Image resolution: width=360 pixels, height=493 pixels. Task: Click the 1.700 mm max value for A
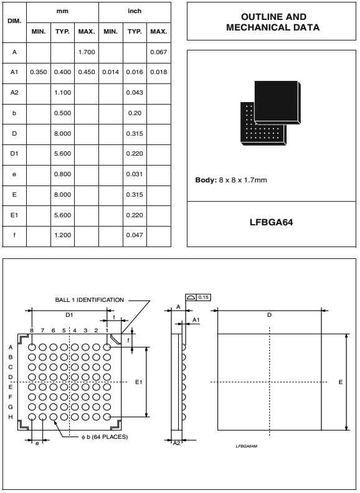pos(87,52)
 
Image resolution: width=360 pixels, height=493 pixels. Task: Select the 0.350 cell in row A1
pos(39,72)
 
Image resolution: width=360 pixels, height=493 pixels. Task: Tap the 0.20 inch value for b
pos(135,113)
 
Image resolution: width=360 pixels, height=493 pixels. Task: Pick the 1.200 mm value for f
pos(63,235)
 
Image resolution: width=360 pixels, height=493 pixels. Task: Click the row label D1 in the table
pos(14,154)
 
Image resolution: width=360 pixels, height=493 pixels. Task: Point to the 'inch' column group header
pos(135,11)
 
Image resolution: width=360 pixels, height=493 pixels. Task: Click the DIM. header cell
pos(14,21)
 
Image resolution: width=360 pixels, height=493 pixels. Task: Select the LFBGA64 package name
pos(272,222)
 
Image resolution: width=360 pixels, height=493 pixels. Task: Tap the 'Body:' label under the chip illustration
pos(206,180)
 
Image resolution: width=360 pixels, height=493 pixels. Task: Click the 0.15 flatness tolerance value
pos(204,298)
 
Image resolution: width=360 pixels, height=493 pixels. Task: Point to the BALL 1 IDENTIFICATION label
pos(90,300)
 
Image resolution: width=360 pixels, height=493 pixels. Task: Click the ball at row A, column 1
pos(107,347)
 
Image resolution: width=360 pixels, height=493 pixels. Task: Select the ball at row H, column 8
pos(32,417)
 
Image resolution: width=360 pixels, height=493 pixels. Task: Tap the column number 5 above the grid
pos(64,331)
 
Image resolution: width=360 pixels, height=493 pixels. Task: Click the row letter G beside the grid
pos(11,407)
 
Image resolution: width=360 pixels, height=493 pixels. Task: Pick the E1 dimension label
pos(139,382)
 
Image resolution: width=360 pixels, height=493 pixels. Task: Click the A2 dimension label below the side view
pos(177,443)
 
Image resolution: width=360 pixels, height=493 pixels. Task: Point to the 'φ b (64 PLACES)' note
pos(105,437)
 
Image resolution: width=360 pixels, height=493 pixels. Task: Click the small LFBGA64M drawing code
pos(247,446)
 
